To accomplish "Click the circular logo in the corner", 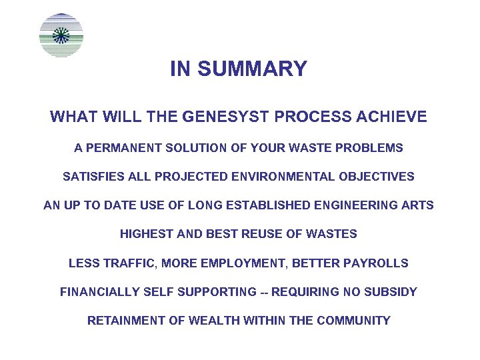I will click(x=61, y=35).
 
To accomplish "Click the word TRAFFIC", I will click(x=127, y=263).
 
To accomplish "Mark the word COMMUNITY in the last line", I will click(x=353, y=321).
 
